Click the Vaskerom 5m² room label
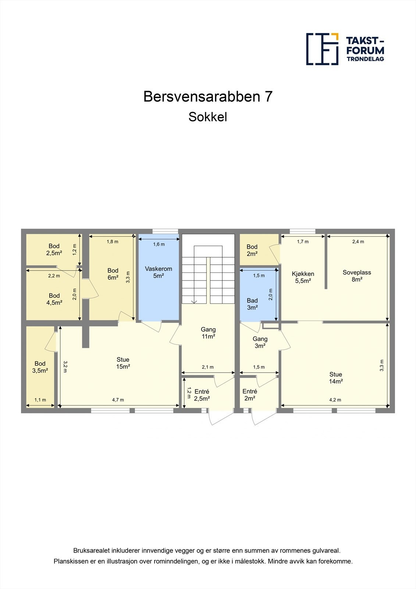coord(159,272)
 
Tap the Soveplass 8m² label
coord(357,276)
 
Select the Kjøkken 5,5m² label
coord(303,277)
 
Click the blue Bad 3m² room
coord(252,304)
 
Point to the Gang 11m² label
coord(208,333)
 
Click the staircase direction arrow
coord(194,301)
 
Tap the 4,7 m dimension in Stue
coord(118,400)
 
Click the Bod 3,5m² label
coord(40,367)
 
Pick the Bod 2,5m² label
coord(54,250)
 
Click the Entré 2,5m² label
coord(202,395)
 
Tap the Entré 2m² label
coord(250,395)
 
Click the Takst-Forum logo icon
coord(322,49)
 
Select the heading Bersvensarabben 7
coord(208,96)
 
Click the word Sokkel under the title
coord(208,117)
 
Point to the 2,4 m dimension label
coord(358,241)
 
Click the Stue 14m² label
coord(335,378)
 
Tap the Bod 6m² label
coord(113,274)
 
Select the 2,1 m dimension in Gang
coord(208,367)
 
